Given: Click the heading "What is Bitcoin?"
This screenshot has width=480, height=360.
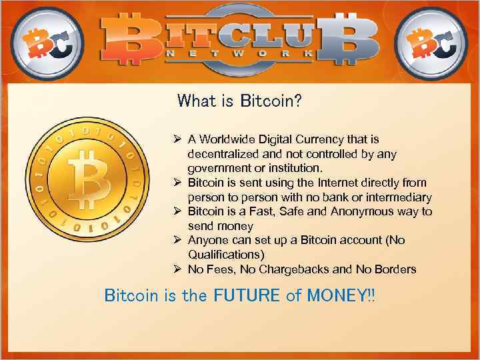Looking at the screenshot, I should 239,101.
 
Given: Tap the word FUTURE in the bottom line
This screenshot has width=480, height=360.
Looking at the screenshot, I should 247,295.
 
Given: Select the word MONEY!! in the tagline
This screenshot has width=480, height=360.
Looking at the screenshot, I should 341,295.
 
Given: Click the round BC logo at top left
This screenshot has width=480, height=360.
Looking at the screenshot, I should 47,41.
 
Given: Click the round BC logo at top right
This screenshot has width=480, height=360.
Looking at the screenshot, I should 432,41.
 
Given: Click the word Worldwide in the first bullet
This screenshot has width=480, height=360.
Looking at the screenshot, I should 227,139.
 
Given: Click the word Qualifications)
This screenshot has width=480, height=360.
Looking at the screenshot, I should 226,255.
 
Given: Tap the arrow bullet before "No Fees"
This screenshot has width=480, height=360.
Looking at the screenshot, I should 178,269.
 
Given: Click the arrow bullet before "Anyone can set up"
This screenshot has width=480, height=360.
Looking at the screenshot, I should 178,240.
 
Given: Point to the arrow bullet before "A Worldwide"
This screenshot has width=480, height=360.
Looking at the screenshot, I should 178,139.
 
